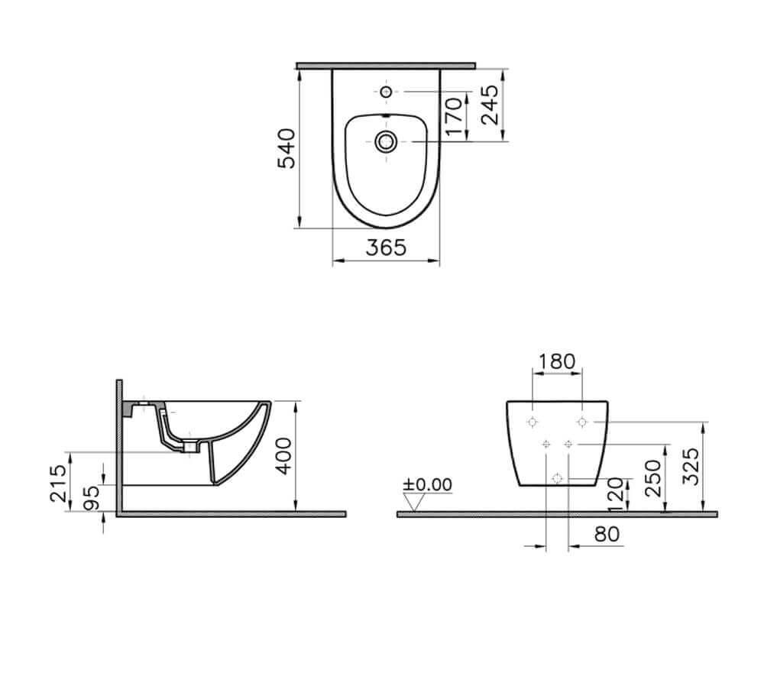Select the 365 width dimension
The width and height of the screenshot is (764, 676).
[385, 247]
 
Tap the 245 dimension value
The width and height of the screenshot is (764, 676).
[490, 104]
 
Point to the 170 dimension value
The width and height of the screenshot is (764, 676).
[453, 117]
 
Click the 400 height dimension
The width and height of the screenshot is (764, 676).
[283, 456]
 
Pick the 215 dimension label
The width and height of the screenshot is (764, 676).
[56, 483]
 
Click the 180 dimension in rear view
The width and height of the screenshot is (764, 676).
[556, 361]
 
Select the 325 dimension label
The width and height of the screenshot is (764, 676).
[689, 466]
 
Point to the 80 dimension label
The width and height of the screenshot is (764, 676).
[607, 534]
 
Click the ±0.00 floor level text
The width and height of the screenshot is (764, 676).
[428, 484]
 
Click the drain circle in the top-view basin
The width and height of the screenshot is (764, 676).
[386, 141]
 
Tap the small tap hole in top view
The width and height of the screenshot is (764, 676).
[386, 92]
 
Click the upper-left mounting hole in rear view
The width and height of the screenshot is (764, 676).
[533, 422]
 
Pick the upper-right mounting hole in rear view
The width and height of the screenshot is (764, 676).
[582, 422]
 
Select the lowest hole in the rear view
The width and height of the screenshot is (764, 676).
[557, 479]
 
